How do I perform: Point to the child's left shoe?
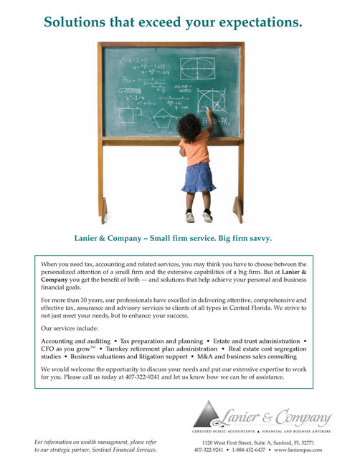click(190, 217)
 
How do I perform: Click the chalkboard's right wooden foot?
click(238, 210)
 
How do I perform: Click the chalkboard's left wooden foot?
click(105, 212)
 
